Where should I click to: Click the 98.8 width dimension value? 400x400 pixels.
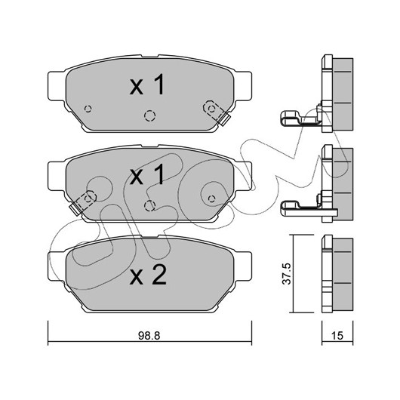(149, 336)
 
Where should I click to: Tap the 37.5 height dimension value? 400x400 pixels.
(286, 274)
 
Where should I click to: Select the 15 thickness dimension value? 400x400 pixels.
(337, 336)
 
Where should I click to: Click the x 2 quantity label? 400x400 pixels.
(148, 275)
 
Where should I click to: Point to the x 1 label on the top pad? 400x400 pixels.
(147, 85)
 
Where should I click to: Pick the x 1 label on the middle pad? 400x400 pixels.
(147, 174)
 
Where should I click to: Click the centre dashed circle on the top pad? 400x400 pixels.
(149, 115)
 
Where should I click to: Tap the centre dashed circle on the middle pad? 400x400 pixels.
(149, 205)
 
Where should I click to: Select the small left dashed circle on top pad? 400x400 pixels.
(88, 109)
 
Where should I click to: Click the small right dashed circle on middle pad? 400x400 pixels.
(211, 198)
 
